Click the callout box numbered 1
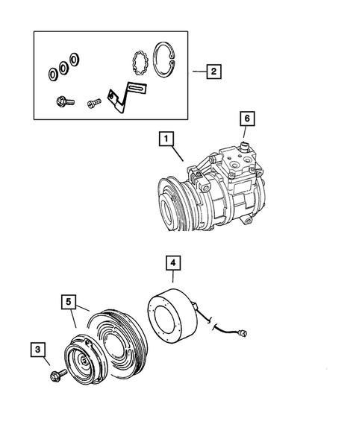166,139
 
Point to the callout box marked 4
172,263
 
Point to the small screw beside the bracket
93,104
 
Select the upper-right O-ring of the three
75,59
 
